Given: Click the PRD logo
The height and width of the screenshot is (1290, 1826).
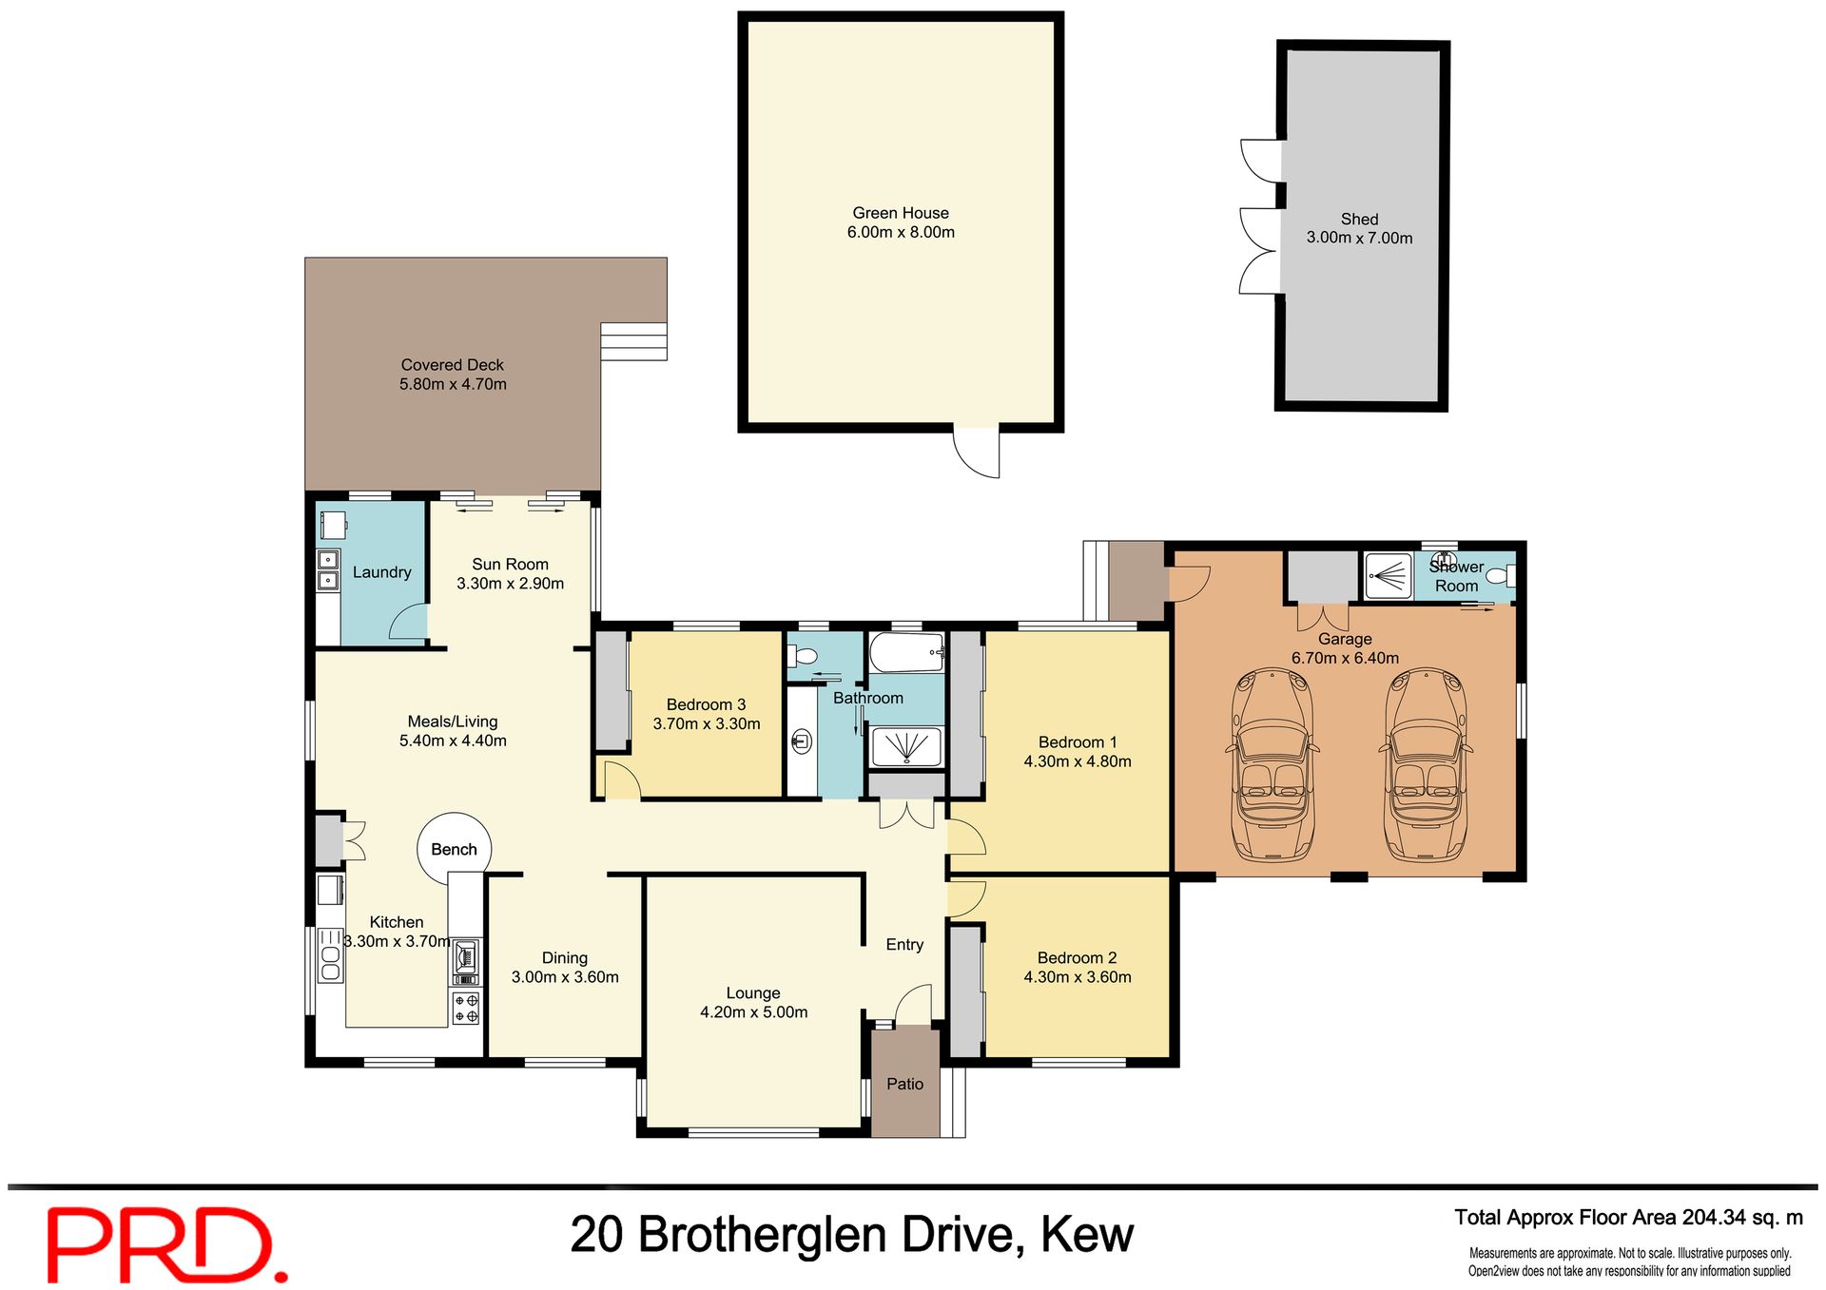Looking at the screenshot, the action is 166,1243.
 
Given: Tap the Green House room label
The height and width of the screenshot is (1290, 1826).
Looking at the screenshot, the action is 900,213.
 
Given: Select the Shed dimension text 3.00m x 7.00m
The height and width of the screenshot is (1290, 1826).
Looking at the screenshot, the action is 1359,238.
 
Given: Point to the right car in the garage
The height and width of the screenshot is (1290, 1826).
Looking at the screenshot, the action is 1426,765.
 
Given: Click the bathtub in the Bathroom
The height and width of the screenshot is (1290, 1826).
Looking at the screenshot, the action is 906,653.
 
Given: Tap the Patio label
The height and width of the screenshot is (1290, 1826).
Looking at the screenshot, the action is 904,1084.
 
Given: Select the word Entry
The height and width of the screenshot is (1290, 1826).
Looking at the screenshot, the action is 904,944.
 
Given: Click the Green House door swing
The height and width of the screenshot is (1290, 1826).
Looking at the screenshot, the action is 977,452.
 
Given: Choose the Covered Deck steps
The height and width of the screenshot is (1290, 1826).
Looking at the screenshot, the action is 633,341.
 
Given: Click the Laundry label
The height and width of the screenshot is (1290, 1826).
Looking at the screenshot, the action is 381,572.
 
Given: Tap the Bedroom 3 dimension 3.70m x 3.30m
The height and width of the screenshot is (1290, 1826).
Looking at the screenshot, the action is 706,723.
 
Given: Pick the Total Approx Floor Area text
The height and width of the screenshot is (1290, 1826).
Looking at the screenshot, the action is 1628,1218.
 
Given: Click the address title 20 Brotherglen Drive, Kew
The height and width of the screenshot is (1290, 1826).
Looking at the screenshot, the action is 851,1234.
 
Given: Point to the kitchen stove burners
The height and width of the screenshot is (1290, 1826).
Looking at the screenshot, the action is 466,1008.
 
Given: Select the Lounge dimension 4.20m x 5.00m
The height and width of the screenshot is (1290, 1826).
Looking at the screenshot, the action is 753,1012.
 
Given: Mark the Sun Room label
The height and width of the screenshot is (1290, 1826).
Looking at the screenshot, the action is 510,564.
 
